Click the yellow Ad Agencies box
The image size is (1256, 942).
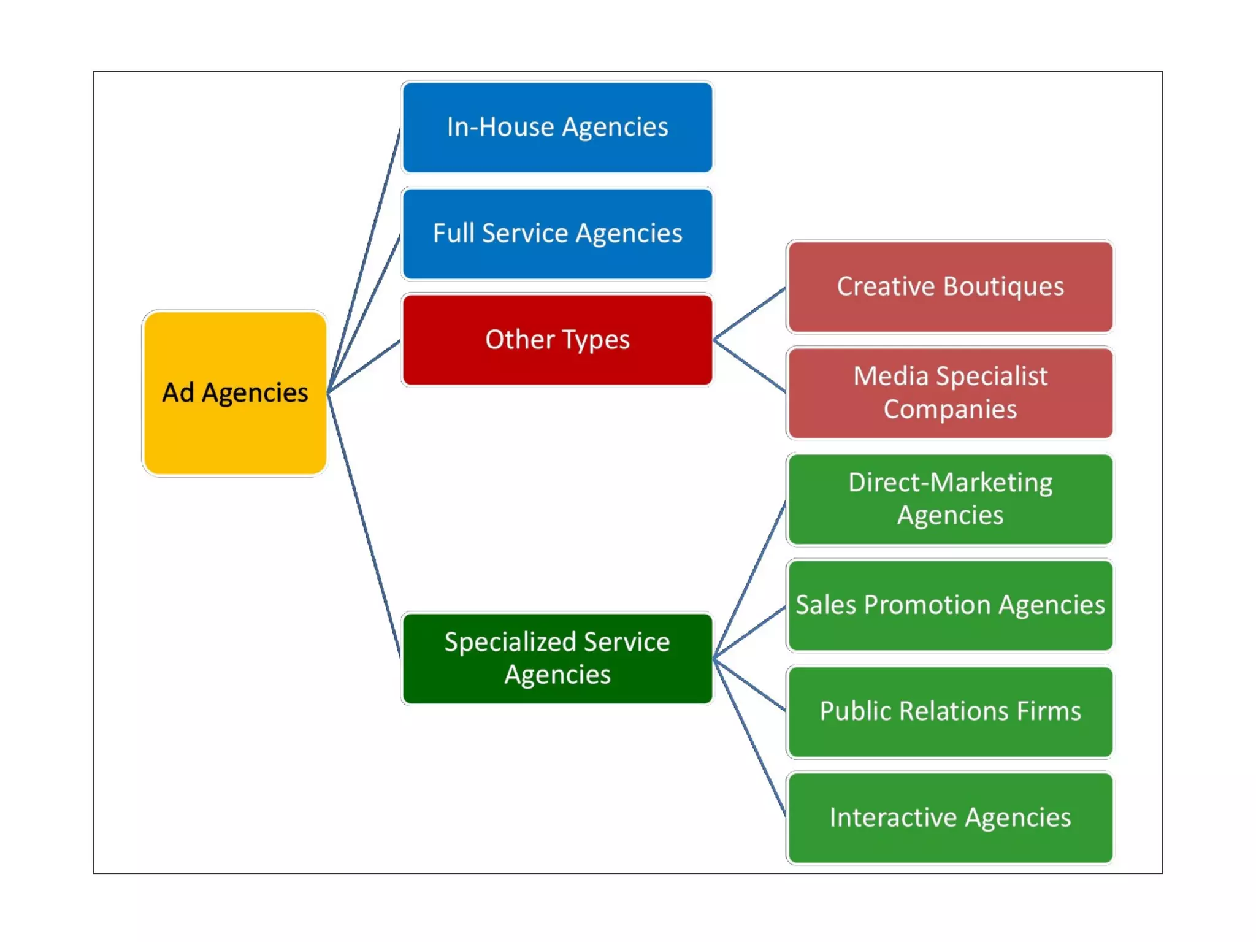[234, 393]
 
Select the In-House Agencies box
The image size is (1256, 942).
[557, 128]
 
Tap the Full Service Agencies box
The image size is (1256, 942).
[557, 234]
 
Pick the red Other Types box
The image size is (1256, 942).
[557, 340]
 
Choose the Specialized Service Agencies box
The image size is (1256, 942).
[557, 658]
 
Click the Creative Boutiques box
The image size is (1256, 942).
[950, 287]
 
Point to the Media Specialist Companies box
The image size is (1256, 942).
[950, 392]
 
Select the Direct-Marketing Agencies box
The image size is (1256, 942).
[950, 499]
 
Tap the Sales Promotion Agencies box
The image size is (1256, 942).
[950, 605]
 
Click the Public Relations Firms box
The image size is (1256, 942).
[950, 711]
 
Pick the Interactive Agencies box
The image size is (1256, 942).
[950, 818]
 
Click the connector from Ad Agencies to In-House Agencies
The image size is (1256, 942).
[364, 261]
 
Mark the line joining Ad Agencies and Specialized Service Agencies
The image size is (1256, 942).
[364, 524]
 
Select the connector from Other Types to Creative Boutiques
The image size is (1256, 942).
[749, 313]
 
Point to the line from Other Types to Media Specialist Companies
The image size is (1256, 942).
[749, 366]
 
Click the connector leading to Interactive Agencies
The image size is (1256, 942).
[749, 737]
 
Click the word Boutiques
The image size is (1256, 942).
[1003, 287]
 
